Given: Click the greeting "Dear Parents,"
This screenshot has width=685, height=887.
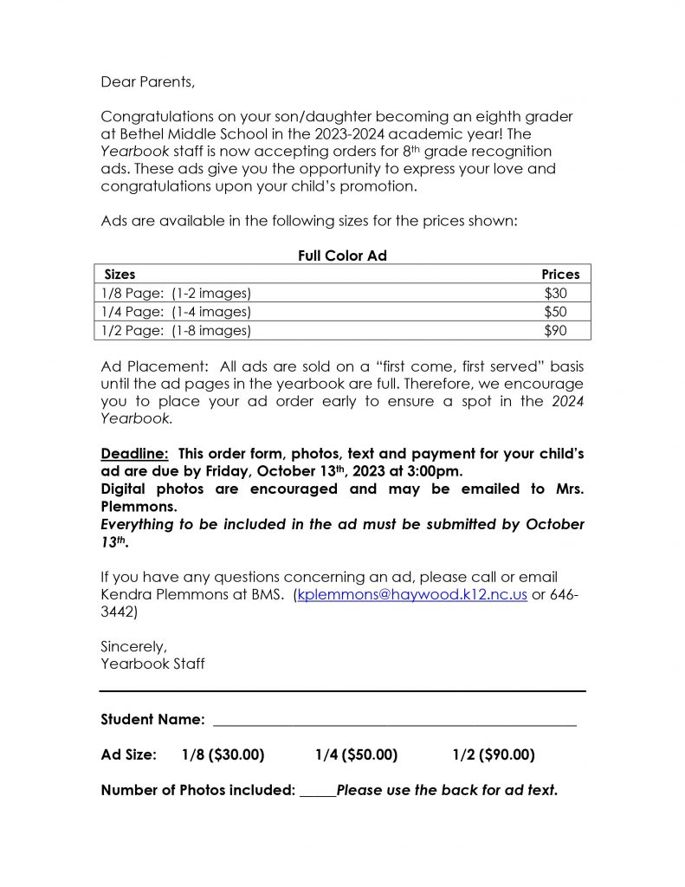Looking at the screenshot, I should [148, 82].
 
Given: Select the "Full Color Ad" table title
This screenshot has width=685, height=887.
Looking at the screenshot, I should [342, 256].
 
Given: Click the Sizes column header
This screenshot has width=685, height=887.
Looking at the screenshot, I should [120, 274].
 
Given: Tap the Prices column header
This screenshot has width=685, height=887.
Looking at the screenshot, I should [560, 274].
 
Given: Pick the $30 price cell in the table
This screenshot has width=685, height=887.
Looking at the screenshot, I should [555, 293].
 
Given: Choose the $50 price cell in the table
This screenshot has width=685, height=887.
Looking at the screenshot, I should [555, 311].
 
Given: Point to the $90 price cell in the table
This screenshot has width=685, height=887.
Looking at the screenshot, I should [555, 330].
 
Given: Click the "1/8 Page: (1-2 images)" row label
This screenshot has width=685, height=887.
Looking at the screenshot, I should [176, 293].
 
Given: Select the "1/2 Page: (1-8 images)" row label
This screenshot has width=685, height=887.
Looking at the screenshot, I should [176, 330].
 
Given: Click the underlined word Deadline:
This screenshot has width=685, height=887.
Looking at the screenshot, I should [135, 454].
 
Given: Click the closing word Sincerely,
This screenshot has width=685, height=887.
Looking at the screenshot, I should [134, 646].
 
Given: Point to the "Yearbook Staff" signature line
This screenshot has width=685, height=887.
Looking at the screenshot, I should [152, 664].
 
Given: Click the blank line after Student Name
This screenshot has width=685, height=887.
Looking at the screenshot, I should [394, 722].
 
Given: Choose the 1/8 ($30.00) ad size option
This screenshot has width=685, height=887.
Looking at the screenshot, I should [223, 754].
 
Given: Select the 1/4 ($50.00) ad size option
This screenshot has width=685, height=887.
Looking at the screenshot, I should [356, 754].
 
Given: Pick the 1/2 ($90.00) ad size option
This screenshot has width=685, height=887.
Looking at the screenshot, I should [494, 754].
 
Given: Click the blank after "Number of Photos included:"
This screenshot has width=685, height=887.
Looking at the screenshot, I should [318, 792].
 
